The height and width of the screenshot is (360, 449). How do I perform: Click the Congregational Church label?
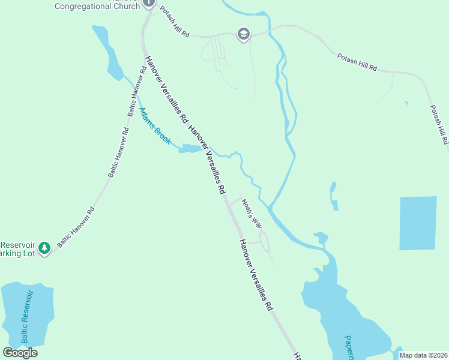click(x=97, y=6)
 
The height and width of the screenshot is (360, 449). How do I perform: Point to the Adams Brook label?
click(x=155, y=127)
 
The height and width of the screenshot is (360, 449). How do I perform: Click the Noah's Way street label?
click(x=252, y=214)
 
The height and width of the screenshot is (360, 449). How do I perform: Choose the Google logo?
click(x=20, y=353)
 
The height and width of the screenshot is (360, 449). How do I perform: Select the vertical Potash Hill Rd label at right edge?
click(x=439, y=125)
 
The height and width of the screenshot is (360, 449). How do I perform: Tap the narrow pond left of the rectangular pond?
click(x=333, y=196)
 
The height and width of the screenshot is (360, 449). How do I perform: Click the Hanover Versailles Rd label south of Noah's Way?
click(x=256, y=275)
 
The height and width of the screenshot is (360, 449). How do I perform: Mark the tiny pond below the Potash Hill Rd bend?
click(x=406, y=103)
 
